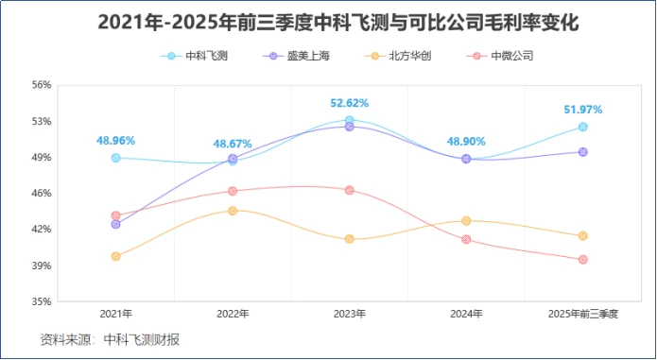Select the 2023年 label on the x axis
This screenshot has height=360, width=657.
349,313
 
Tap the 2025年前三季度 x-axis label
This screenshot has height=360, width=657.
582,313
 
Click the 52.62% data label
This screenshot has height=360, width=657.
349,103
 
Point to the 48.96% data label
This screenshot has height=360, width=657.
115,141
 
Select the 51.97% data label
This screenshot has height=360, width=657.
582,110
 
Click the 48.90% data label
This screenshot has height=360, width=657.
466,141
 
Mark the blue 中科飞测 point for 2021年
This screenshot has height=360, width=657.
115,158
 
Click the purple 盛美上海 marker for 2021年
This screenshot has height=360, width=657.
115,224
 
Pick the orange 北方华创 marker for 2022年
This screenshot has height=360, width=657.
233,210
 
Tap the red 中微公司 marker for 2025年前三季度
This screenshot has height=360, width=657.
582,259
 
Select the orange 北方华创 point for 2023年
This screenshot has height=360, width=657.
349,239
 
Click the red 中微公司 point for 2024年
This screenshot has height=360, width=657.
466,239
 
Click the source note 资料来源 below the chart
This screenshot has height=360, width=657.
110,339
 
